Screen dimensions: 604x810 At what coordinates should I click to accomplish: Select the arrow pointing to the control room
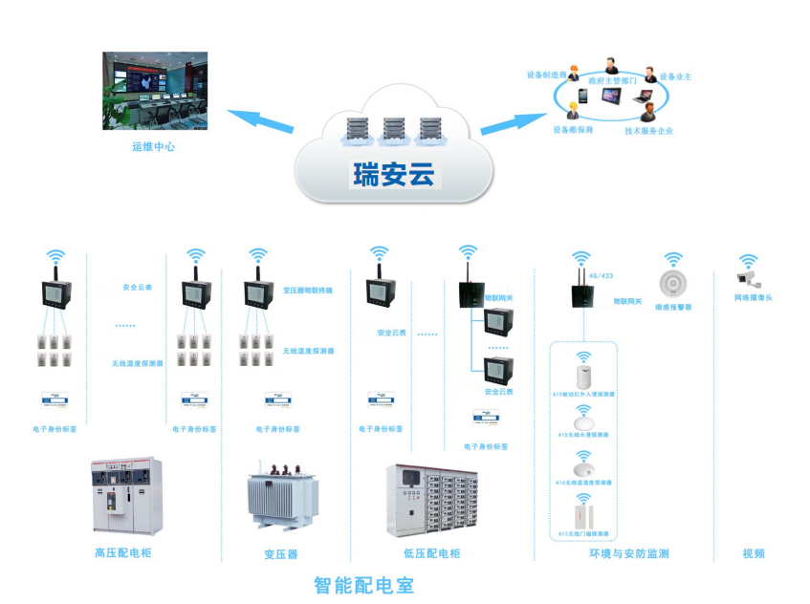coord(260,121)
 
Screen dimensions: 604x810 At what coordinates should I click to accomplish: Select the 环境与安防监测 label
coord(628,553)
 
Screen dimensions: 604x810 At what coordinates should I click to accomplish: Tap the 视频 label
coord(754,553)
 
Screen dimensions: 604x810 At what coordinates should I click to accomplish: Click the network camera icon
coord(748,278)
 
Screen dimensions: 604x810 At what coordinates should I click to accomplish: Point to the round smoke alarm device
coord(673,284)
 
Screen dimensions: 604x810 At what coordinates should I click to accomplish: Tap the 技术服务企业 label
coord(648,130)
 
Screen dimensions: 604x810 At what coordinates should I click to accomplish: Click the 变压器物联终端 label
coord(308,290)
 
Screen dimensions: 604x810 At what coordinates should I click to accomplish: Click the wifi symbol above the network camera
coord(749,259)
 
